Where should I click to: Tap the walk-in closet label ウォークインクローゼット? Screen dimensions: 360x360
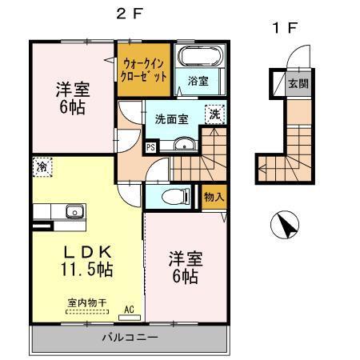tap(145, 71)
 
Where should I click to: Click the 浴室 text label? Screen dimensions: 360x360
tap(197, 82)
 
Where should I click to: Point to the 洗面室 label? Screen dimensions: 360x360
tap(171, 118)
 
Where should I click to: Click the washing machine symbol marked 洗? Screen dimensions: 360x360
tap(214, 114)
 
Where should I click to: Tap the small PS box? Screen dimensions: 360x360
tap(150, 147)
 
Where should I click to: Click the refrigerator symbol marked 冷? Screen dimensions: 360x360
tap(41, 167)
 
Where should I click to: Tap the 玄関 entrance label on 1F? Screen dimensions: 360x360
tap(297, 82)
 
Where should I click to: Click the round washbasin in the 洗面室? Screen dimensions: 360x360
tap(184, 145)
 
